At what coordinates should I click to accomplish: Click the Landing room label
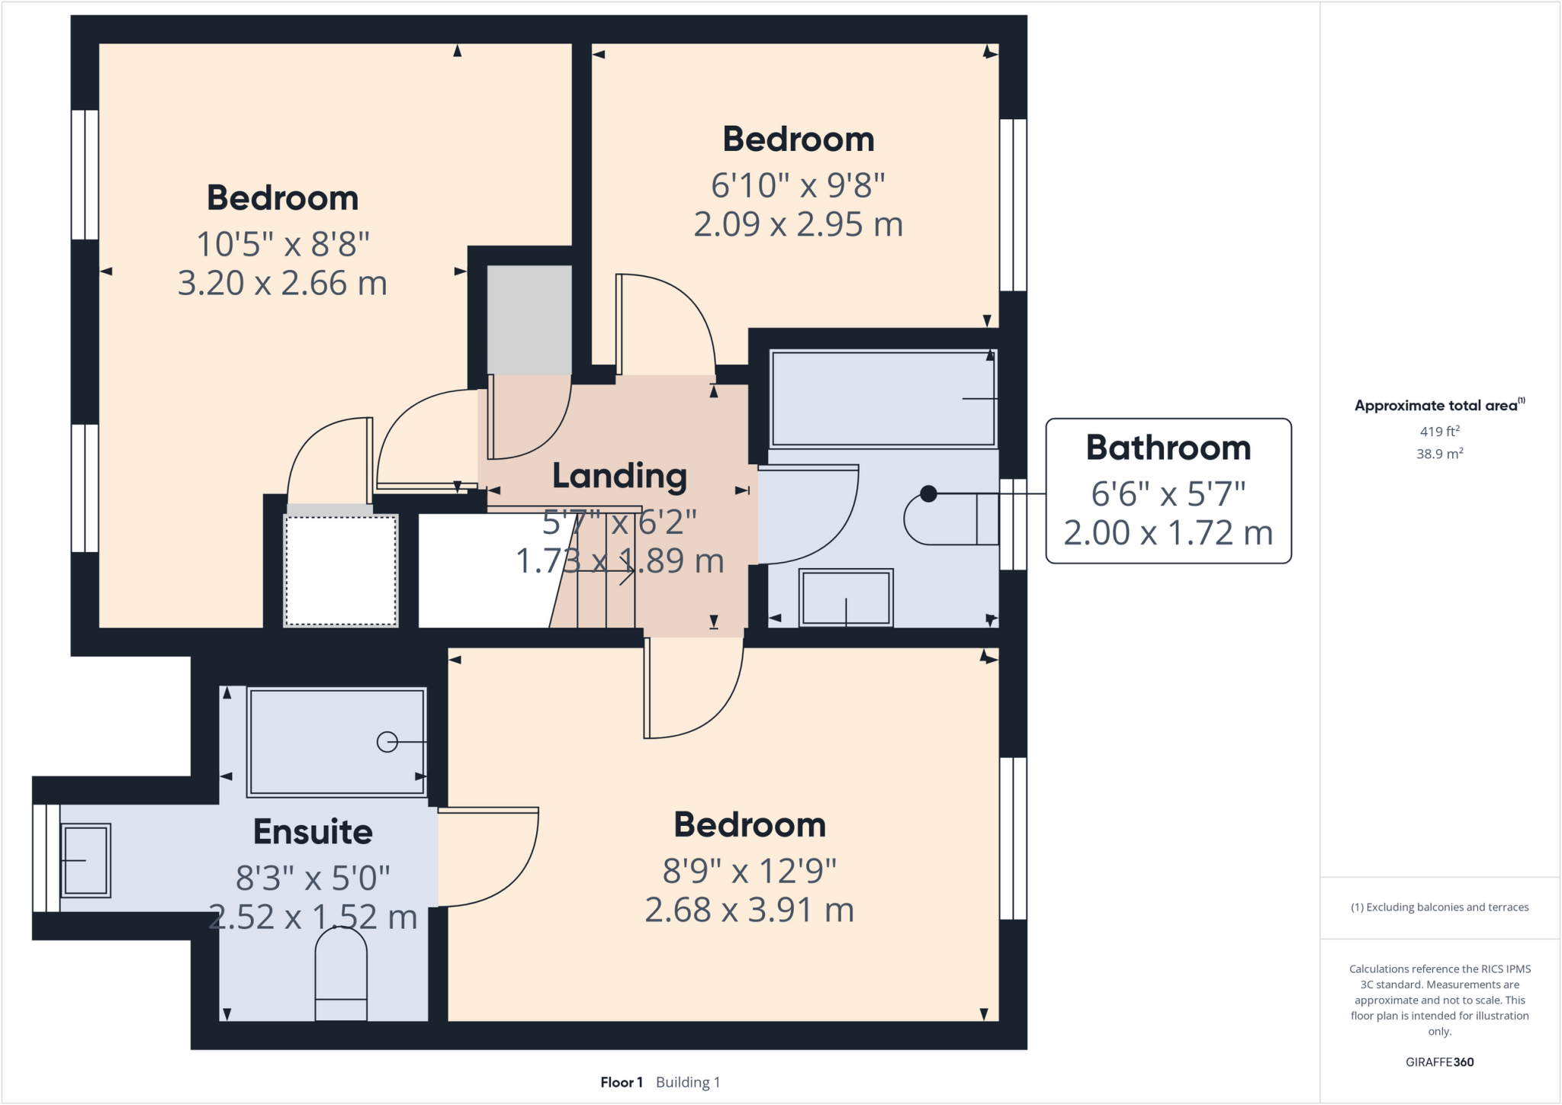[x=619, y=477]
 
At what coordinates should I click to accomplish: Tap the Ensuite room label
[x=313, y=832]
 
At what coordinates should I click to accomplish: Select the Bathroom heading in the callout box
[x=1168, y=448]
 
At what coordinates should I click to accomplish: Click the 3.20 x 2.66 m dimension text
[x=282, y=283]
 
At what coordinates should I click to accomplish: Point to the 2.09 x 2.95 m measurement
[x=798, y=224]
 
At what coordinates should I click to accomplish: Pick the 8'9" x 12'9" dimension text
[x=749, y=871]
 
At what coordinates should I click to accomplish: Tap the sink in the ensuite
[x=85, y=859]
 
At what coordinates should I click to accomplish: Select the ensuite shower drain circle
[x=387, y=741]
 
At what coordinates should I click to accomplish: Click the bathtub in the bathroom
[x=882, y=398]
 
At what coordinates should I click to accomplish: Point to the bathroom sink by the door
[x=846, y=599]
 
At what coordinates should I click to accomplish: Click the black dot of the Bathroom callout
[x=928, y=494]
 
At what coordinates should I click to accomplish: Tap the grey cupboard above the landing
[x=529, y=319]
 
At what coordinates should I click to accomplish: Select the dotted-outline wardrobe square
[x=341, y=570]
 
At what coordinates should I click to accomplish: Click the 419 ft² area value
[x=1439, y=432]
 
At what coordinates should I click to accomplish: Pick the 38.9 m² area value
[x=1439, y=454]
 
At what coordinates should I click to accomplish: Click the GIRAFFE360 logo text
[x=1439, y=1062]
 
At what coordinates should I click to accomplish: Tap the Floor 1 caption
[x=622, y=1082]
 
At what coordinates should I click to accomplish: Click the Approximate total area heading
[x=1437, y=406]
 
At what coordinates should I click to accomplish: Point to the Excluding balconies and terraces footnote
[x=1439, y=907]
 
